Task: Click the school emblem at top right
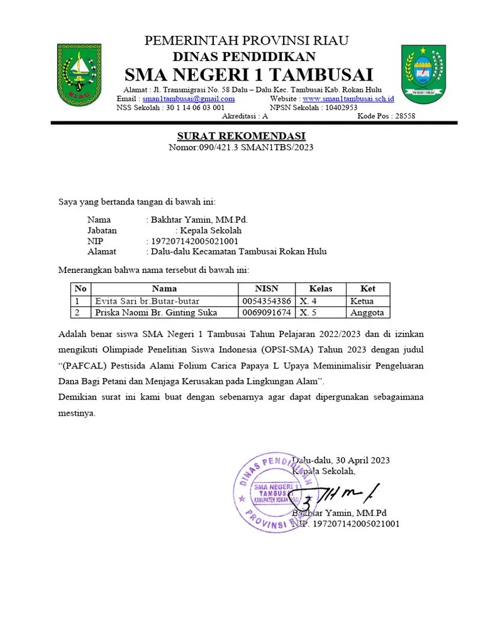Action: pos(423,74)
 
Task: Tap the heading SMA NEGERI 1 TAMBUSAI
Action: pos(249,74)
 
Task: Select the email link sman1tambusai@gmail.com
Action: pos(189,99)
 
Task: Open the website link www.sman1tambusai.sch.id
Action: pos(348,99)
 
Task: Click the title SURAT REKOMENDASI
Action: pos(241,136)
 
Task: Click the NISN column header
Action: pos(266,289)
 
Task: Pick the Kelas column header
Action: pos(321,289)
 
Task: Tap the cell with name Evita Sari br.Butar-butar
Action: pos(147,301)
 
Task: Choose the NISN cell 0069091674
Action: pos(266,313)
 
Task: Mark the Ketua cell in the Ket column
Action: pos(362,301)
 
